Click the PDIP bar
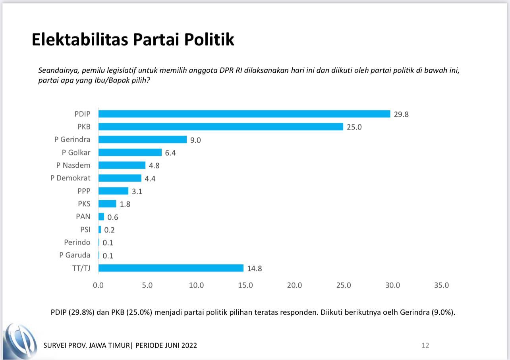pos(244,114)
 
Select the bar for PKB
pos(221,127)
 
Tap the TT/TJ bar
pos(171,268)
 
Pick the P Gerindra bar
pos(143,139)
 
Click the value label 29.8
pos(401,114)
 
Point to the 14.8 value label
pos(254,269)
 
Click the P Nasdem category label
pos(73,165)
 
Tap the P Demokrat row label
pos(70,178)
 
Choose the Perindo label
pos(77,242)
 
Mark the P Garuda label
pos(75,255)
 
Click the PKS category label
pos(84,204)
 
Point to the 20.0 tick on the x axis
pos(294,285)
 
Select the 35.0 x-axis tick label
pos(441,285)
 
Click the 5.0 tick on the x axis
pos(147,285)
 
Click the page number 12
pos(425,345)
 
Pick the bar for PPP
pos(113,191)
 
